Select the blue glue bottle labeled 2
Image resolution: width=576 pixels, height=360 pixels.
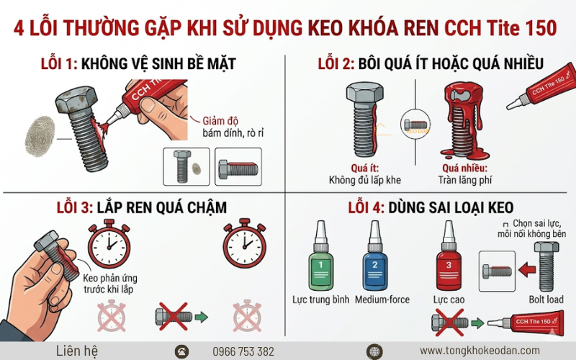(374, 264)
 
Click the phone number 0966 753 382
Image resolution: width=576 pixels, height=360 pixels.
(243, 351)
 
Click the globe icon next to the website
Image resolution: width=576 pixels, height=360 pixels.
(374, 351)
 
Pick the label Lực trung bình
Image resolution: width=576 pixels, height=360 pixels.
(317, 299)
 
